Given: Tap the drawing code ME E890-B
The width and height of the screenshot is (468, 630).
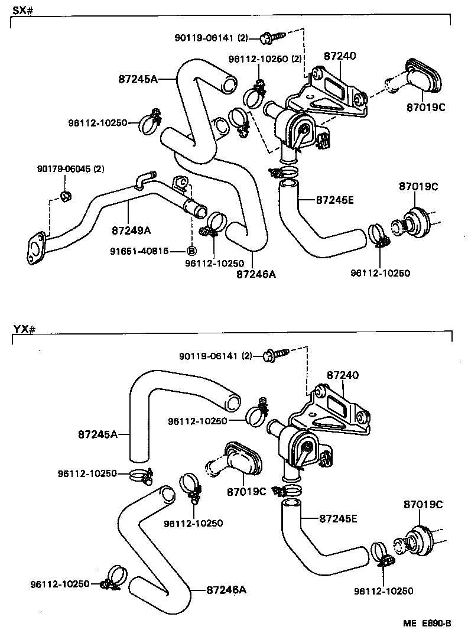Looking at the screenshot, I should tap(428, 623).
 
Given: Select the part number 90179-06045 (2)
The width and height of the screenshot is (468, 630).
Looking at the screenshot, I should tap(70, 169).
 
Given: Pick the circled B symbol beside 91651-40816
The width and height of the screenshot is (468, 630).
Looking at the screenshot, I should tap(191, 251).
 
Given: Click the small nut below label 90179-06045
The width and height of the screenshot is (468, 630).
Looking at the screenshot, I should tap(66, 195).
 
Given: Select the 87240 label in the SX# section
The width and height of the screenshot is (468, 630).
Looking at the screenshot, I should tap(339, 56).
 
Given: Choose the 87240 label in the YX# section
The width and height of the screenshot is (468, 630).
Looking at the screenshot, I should tap(342, 375).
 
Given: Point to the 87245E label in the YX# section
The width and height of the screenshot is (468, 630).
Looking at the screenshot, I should tap(338, 519).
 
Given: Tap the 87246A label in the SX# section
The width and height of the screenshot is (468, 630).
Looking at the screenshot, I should tap(256, 274).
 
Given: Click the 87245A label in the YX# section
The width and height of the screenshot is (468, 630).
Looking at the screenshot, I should tap(97, 434).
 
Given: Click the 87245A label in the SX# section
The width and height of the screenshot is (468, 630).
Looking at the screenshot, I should tap(138, 79).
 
